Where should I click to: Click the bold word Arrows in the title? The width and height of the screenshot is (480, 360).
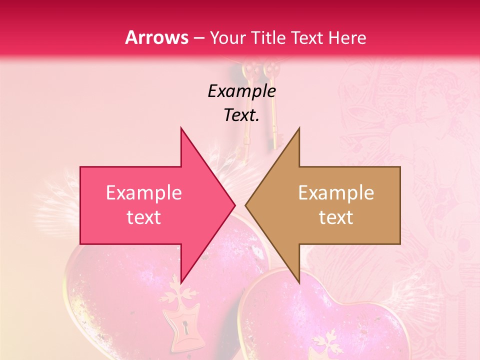coord(156,37)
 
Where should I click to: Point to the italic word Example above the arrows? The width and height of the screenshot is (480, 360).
coord(241,91)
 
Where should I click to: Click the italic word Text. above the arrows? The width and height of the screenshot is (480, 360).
coord(241,115)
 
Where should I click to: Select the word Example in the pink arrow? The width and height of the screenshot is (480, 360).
coord(144,192)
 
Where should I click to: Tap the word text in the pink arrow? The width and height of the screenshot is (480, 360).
coord(144,217)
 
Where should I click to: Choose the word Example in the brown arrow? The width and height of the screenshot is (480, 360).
coord(336,192)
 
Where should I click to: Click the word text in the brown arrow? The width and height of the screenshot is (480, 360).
coord(336,217)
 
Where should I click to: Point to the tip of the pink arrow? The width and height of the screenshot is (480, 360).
coord(234,205)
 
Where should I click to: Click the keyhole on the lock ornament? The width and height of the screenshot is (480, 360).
coord(185,328)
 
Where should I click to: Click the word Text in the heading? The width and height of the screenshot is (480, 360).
coord(307,37)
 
